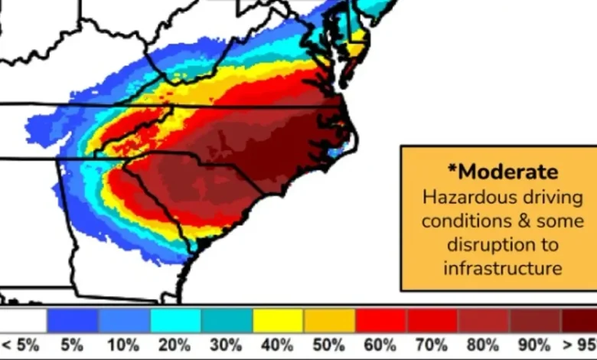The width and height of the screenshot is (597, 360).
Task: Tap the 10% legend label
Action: (x=124, y=345)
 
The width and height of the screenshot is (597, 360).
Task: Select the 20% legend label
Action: (x=175, y=345)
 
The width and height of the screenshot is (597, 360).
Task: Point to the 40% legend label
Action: (x=278, y=345)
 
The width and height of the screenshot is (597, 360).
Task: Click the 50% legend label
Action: (x=329, y=345)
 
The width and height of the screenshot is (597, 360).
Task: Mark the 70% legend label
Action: (x=432, y=345)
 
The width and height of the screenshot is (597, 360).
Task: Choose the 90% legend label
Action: (x=535, y=345)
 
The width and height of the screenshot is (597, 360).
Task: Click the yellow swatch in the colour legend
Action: (x=278, y=320)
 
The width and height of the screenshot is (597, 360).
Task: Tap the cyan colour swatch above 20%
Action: (x=175, y=320)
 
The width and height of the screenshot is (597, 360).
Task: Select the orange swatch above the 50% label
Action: (x=329, y=320)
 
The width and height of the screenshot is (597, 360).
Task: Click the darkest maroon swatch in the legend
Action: (x=580, y=320)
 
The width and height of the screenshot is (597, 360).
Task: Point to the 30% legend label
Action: (x=227, y=345)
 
